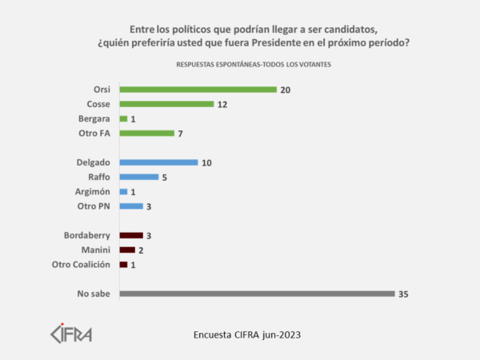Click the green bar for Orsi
(x=198, y=90)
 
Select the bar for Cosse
(x=166, y=104)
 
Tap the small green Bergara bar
(x=123, y=118)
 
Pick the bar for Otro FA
(x=146, y=133)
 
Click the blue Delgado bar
(x=158, y=162)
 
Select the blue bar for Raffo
(x=138, y=177)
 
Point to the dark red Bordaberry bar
(x=131, y=235)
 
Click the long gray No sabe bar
(x=256, y=294)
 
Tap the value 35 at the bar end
(x=402, y=294)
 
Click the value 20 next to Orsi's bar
(x=285, y=90)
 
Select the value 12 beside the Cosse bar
(x=222, y=104)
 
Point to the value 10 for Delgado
(x=206, y=162)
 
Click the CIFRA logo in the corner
(x=71, y=332)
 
